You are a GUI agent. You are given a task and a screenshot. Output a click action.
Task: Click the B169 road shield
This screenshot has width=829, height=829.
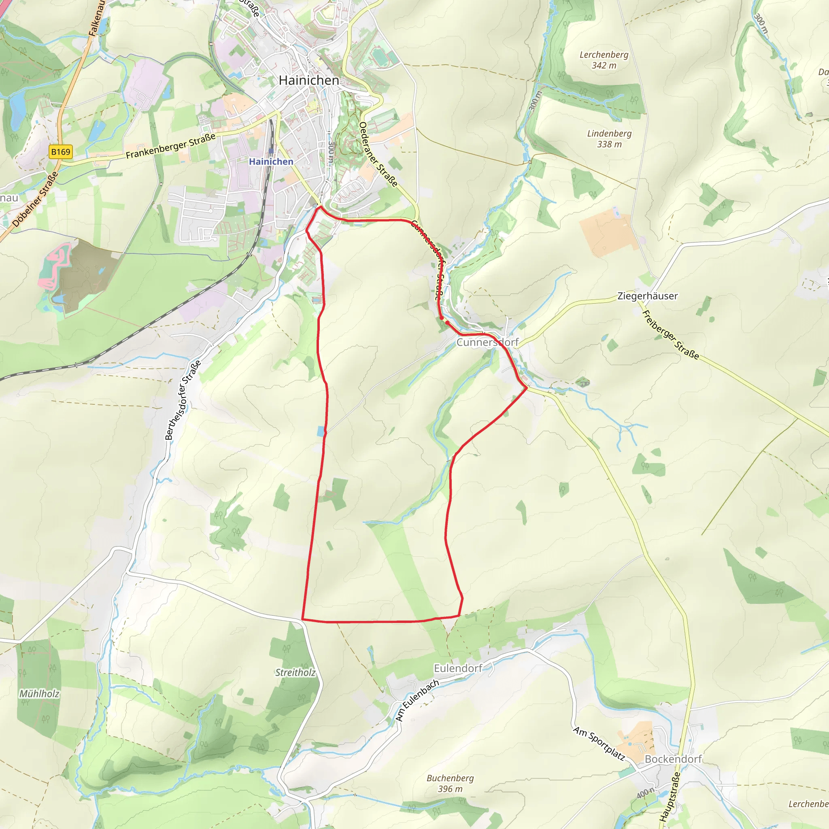tap(60, 152)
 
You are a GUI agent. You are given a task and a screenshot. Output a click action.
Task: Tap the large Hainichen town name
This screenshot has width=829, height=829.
tap(308, 80)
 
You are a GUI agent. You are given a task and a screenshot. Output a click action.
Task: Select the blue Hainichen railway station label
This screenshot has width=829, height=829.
tap(271, 162)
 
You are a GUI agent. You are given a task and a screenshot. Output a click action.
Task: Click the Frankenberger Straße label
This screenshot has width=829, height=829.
tap(170, 146)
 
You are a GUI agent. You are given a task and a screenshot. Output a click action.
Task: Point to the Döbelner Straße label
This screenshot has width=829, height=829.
tap(35, 199)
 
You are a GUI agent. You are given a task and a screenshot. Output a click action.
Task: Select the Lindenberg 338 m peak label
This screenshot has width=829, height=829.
tap(609, 138)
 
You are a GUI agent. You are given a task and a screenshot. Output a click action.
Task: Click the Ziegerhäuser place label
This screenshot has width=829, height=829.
tap(647, 295)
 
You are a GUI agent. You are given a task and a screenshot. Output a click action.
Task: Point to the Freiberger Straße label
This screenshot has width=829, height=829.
tap(670, 335)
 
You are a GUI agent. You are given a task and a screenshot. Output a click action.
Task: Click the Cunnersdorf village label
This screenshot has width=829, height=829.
tap(487, 342)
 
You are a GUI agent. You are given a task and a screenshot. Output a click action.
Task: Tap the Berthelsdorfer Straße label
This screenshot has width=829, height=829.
tap(183, 400)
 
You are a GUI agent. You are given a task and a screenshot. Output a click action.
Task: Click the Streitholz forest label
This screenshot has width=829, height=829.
tap(295, 672)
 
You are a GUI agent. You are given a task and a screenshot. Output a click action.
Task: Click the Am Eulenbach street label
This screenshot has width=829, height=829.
tap(417, 700)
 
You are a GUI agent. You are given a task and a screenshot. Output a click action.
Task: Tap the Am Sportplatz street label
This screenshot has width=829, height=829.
tap(599, 743)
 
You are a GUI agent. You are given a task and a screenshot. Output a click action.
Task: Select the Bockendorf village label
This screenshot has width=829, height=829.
tap(673, 759)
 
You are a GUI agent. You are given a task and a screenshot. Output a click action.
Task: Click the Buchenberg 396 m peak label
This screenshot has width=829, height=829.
tap(450, 784)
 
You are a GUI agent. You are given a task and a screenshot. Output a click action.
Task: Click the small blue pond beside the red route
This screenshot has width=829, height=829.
tap(321, 431)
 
